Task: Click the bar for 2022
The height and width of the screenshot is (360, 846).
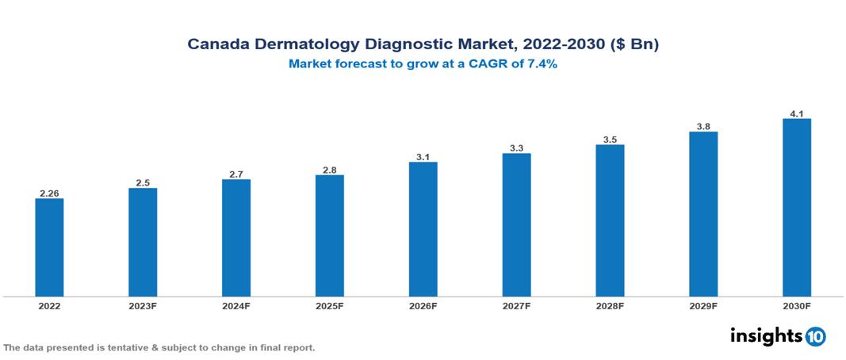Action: (x=49, y=247)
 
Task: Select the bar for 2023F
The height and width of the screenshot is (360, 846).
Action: (x=143, y=242)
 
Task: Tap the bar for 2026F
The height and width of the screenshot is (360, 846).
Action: (x=423, y=229)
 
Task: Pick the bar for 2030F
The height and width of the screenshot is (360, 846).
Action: (x=797, y=208)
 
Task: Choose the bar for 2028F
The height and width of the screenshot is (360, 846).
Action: (x=610, y=220)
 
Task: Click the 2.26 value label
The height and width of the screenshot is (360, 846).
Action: (x=49, y=193)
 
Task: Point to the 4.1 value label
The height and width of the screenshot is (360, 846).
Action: (x=797, y=113)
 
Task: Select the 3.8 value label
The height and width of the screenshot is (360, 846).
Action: (x=703, y=125)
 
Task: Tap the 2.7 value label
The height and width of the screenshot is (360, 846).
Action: (x=236, y=174)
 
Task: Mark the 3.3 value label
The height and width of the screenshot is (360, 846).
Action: (x=516, y=147)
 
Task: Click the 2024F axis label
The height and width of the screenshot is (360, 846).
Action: (x=236, y=305)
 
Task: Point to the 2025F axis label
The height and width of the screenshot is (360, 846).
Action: (x=330, y=305)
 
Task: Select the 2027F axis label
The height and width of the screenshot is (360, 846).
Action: (x=516, y=305)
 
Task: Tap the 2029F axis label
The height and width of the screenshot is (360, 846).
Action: (x=703, y=305)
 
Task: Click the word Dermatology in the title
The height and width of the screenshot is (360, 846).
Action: (x=296, y=44)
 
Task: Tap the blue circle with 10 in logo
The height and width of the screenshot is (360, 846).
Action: (x=816, y=336)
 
